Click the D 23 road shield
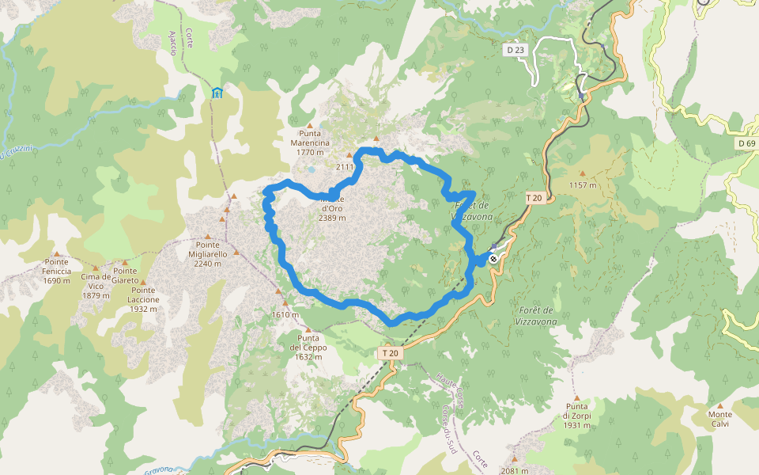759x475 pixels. click(x=515, y=50)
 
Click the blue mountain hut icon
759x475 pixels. click(x=217, y=93)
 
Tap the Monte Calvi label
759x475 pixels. click(x=720, y=419)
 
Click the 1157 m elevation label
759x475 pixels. click(x=582, y=185)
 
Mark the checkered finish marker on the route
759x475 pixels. click(x=493, y=258)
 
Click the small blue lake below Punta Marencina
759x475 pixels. click(x=312, y=169)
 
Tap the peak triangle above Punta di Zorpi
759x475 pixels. click(x=577, y=398)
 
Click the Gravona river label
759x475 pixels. click(x=159, y=469)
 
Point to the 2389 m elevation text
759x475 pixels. click(x=332, y=218)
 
